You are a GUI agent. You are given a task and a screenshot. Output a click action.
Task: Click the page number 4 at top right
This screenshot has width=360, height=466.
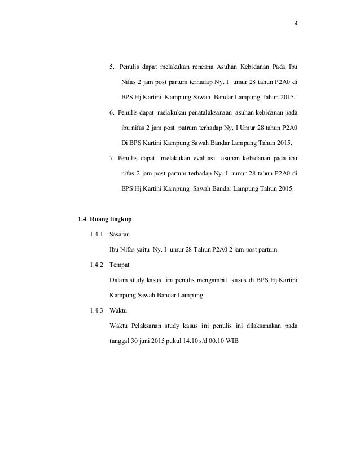point(296,24)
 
